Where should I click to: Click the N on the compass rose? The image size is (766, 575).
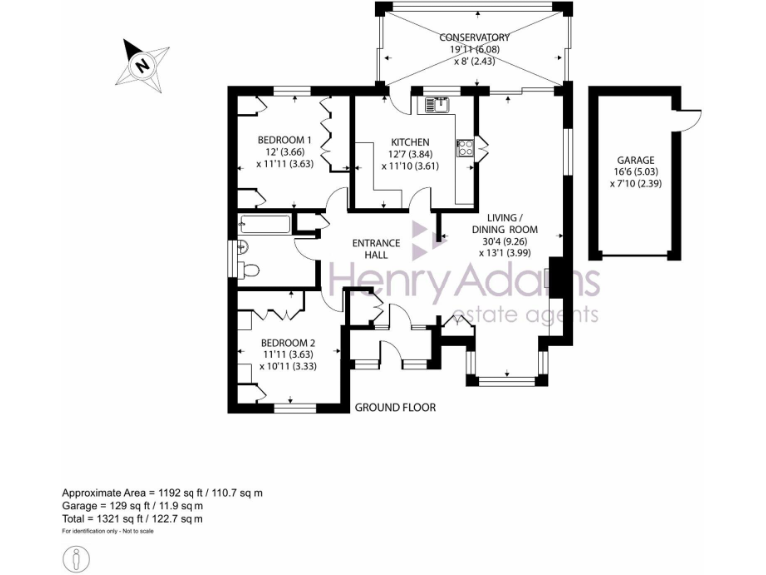pyautogui.click(x=143, y=66)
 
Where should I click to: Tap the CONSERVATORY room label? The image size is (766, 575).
pyautogui.click(x=475, y=38)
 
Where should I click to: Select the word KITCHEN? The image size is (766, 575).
pyautogui.click(x=410, y=142)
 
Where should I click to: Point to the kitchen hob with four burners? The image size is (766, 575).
pyautogui.click(x=465, y=148)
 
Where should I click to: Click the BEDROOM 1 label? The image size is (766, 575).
pyautogui.click(x=285, y=140)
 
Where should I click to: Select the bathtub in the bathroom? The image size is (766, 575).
pyautogui.click(x=265, y=226)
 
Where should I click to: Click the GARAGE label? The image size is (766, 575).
pyautogui.click(x=635, y=160)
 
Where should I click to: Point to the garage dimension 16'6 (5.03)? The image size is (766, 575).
pyautogui.click(x=635, y=173)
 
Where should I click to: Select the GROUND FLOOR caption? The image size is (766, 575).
pyautogui.click(x=396, y=407)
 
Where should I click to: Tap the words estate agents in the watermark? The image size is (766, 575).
pyautogui.click(x=526, y=315)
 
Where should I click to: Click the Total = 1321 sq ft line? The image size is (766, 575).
pyautogui.click(x=133, y=518)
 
